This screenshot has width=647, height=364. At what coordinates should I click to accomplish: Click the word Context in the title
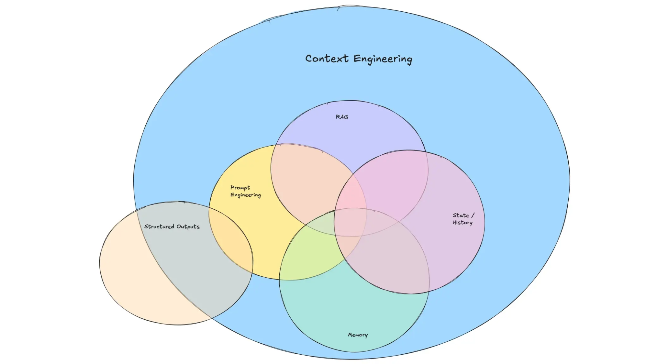(x=327, y=59)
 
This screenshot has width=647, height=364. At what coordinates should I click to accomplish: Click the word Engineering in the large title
(x=383, y=60)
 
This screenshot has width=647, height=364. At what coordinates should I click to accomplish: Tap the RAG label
(x=342, y=117)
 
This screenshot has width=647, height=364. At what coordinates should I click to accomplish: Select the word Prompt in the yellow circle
(x=240, y=188)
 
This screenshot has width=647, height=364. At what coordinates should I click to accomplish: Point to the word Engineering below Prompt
(x=246, y=195)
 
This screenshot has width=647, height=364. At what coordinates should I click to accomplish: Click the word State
(x=461, y=215)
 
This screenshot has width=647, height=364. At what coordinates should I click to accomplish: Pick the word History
(x=463, y=223)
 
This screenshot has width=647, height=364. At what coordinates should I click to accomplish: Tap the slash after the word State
(x=473, y=215)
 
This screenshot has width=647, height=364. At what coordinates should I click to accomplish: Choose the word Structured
(x=159, y=226)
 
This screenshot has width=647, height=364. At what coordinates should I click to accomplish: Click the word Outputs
(x=188, y=227)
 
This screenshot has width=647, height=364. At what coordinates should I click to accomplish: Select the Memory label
(x=358, y=335)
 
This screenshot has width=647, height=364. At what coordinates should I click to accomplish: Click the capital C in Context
(x=309, y=59)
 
